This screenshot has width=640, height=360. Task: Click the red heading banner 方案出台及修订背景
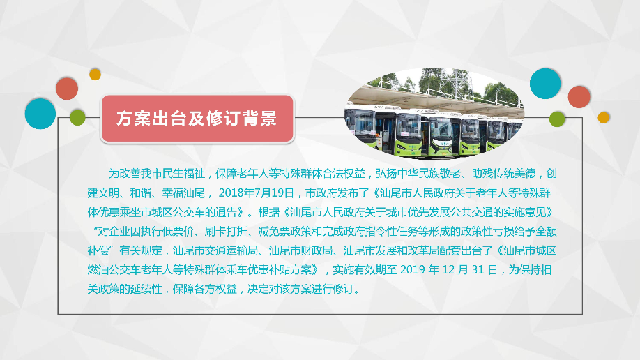point(196,119)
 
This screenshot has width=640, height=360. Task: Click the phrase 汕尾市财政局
point(303,250)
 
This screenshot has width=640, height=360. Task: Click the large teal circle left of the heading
point(40,113)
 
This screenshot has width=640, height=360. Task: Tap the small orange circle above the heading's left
point(96,74)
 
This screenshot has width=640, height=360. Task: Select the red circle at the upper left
point(67,89)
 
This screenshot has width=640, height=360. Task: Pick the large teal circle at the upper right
point(545,84)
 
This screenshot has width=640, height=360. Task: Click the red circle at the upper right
point(579,97)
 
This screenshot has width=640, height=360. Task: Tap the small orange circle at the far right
point(604,117)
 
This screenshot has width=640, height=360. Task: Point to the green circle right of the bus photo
point(557,119)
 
